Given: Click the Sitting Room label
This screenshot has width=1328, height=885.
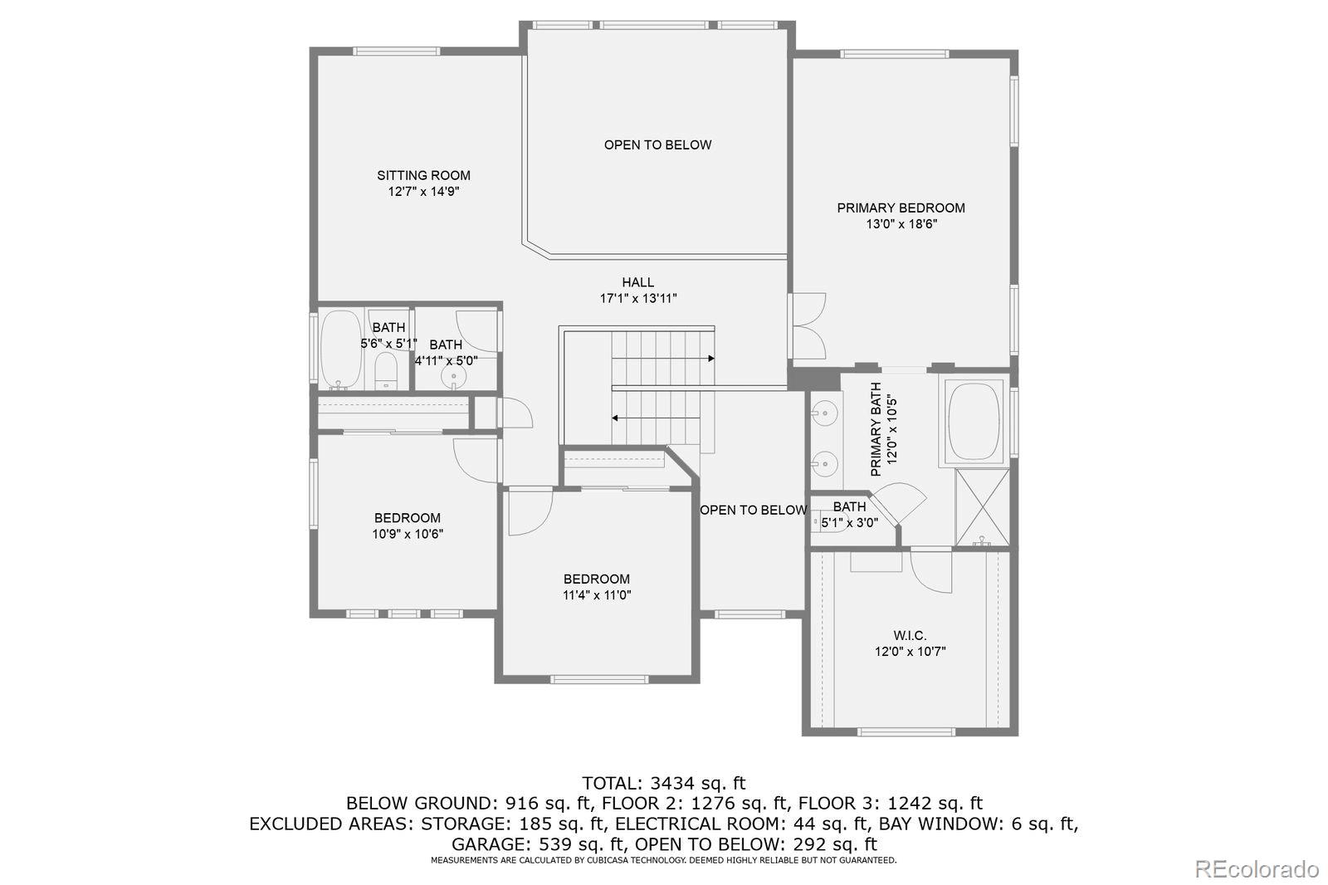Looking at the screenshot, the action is pyautogui.click(x=423, y=175).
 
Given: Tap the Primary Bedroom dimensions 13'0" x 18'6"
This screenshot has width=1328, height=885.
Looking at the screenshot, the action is pyautogui.click(x=901, y=224).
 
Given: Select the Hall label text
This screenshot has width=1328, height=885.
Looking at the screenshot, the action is pyautogui.click(x=638, y=282).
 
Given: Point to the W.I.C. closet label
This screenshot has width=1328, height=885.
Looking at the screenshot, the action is pyautogui.click(x=910, y=636).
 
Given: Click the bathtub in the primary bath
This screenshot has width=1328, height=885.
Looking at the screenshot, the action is pyautogui.click(x=974, y=421).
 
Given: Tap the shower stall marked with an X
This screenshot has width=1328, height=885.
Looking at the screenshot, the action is pyautogui.click(x=983, y=507).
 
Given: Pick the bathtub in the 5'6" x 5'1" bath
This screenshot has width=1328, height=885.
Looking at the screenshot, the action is pyautogui.click(x=340, y=350).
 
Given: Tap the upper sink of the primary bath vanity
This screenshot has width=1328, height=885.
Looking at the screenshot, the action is pyautogui.click(x=824, y=411).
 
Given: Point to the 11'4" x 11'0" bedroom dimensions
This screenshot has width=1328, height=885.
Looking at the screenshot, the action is pyautogui.click(x=597, y=595).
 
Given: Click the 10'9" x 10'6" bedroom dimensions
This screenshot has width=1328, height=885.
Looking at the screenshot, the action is pyautogui.click(x=408, y=534).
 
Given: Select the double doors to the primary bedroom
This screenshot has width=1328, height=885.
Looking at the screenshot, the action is pyautogui.click(x=808, y=325).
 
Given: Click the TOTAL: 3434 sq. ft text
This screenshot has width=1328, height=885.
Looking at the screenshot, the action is pyautogui.click(x=663, y=783).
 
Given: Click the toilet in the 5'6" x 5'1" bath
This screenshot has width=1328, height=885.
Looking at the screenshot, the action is pyautogui.click(x=387, y=371).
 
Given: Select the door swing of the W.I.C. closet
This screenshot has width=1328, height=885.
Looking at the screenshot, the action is pyautogui.click(x=930, y=572).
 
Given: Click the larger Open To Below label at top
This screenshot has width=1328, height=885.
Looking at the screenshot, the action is pyautogui.click(x=657, y=144).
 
